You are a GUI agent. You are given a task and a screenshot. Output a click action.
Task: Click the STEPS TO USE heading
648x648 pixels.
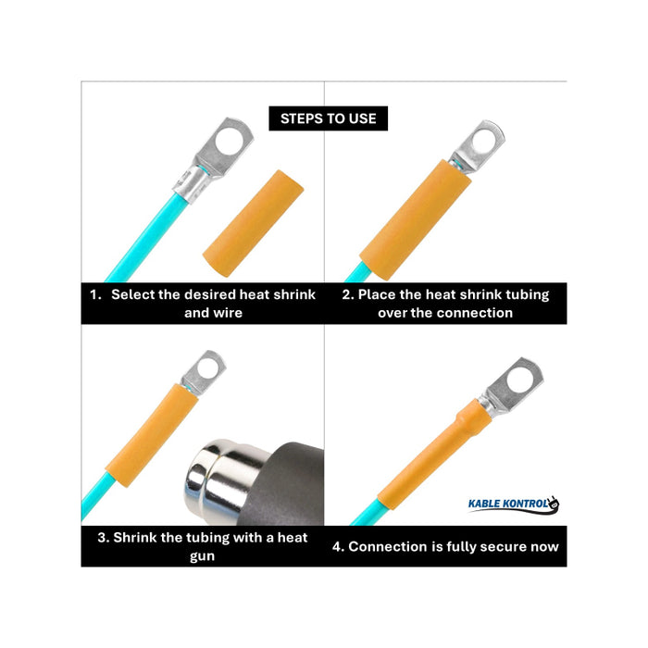(329, 118)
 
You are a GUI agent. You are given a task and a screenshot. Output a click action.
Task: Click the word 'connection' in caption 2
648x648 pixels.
(479, 313)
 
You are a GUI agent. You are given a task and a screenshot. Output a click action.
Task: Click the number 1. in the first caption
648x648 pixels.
(95, 294)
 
